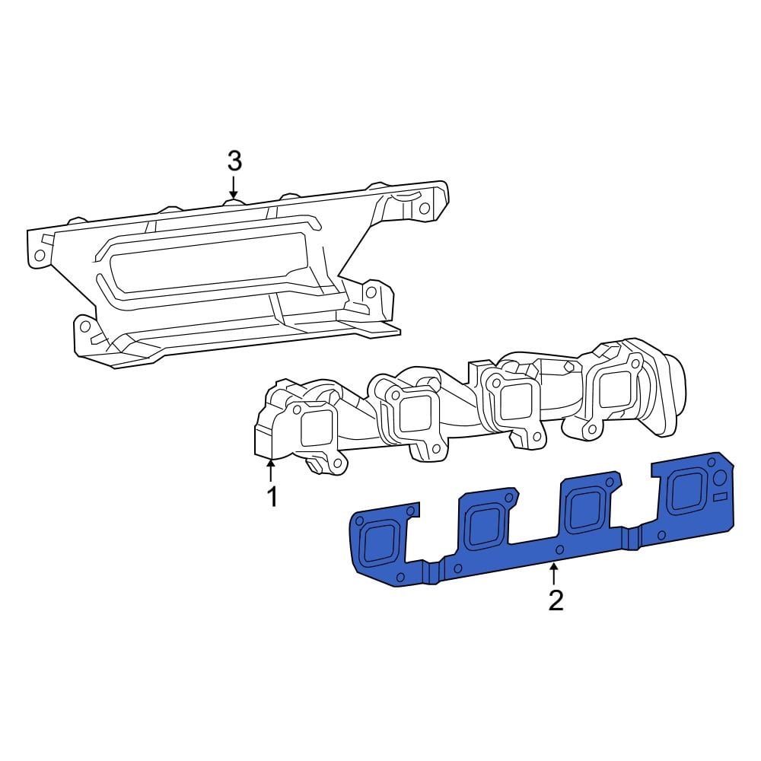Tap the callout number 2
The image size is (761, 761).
(x=556, y=600)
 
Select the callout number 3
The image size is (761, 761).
(x=234, y=161)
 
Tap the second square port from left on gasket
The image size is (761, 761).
(x=483, y=526)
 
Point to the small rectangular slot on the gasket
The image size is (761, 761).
(x=721, y=496)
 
